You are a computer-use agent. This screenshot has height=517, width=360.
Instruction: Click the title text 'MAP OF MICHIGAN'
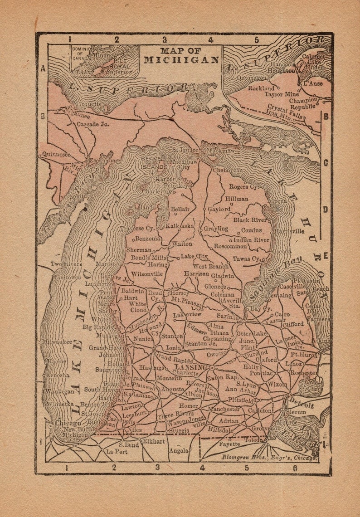click(181, 55)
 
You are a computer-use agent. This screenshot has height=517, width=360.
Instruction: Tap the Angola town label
click(178, 451)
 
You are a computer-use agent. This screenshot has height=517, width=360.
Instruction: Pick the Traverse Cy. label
click(138, 229)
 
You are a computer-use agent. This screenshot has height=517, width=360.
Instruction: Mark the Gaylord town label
click(219, 209)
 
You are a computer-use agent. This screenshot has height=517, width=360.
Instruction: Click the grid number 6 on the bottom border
click(295, 468)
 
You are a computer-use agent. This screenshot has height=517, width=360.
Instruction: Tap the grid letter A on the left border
click(43, 68)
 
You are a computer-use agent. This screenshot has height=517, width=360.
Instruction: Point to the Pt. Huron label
click(304, 355)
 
